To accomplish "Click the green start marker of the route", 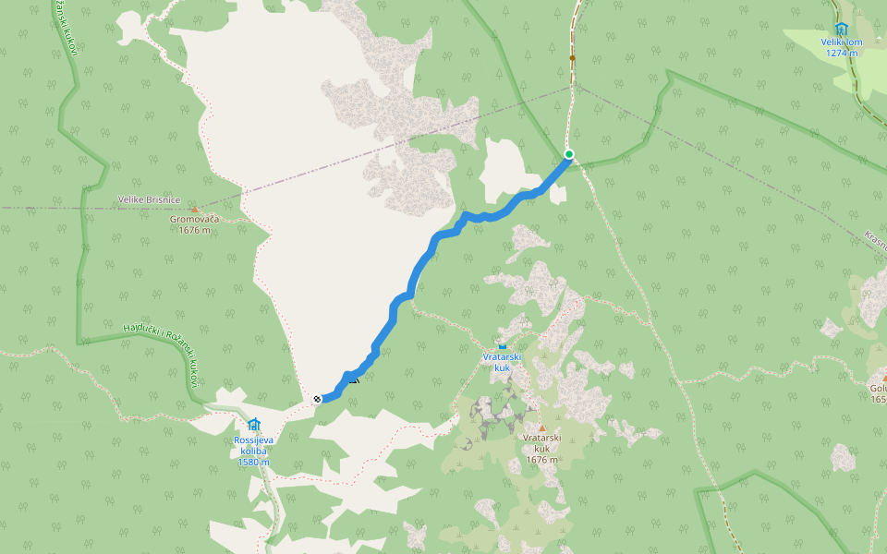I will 569,154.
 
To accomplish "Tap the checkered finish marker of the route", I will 317,399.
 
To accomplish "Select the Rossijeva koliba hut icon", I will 253,424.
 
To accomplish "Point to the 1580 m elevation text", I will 253,462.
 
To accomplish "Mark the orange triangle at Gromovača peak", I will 193,210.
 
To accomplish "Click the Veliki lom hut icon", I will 841,29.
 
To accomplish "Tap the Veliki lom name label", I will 841,42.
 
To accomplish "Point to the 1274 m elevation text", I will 841,53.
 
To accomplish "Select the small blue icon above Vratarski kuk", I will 502,345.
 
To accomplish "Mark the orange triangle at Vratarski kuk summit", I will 542,426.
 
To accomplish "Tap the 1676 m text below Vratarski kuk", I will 542,459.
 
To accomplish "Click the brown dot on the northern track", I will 572,58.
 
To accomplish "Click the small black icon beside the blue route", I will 353,379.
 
